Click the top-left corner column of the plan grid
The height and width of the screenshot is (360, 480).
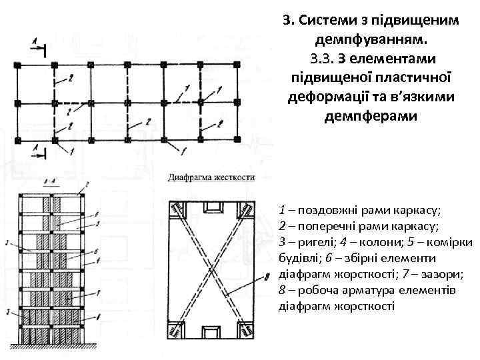coord(16,65)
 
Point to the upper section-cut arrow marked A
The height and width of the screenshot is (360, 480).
coord(36,45)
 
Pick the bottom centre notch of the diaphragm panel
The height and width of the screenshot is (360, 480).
coord(212,332)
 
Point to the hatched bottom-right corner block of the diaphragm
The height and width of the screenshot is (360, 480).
coord(244,328)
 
